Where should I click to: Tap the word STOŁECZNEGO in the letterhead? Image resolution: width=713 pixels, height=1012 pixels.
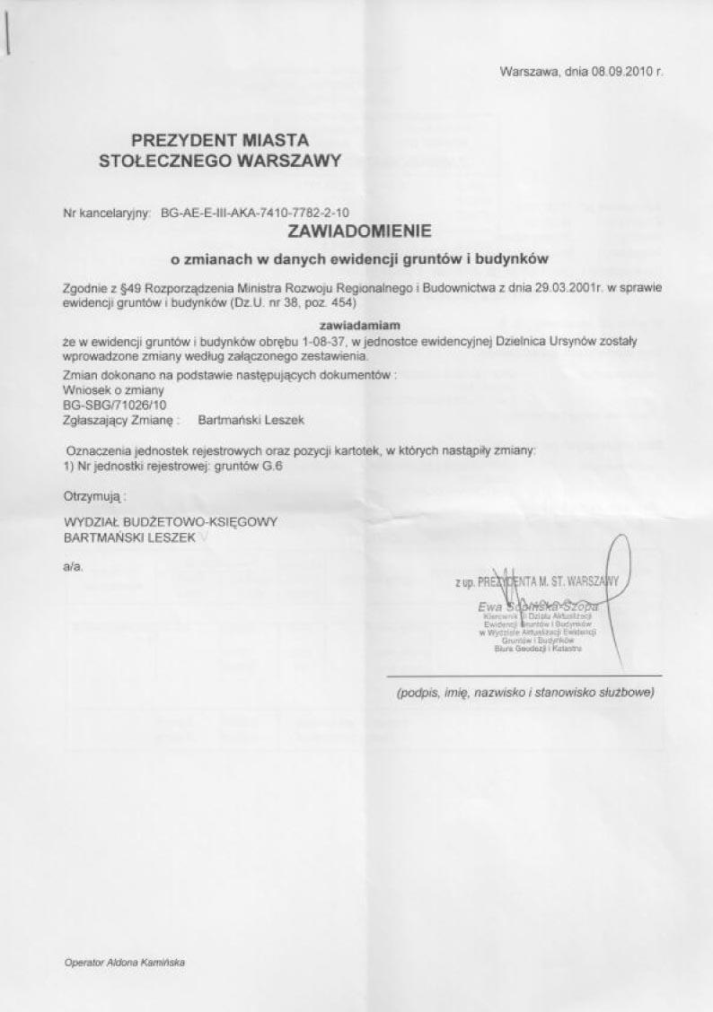tap(159, 161)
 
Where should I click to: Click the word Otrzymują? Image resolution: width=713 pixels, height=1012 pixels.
tap(92, 494)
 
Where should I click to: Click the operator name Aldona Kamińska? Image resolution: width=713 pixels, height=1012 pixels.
tap(149, 961)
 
